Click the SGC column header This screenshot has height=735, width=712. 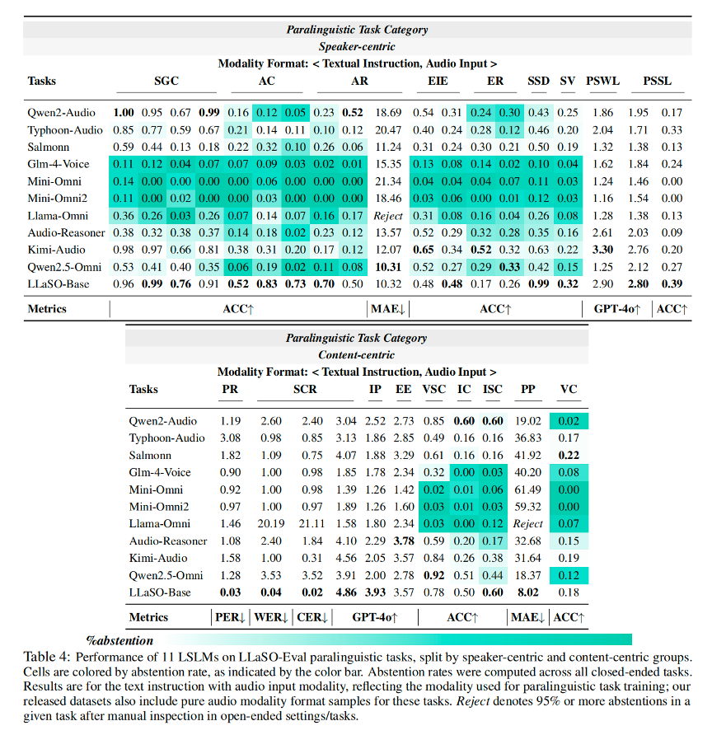pyautogui.click(x=166, y=81)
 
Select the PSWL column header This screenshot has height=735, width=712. pyautogui.click(x=604, y=81)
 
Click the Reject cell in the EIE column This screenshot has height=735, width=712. pyautogui.click(x=387, y=215)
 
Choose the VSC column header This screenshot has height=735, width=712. pyautogui.click(x=434, y=389)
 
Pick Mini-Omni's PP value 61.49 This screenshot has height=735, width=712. pyautogui.click(x=527, y=489)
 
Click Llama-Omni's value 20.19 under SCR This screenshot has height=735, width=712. pyautogui.click(x=271, y=523)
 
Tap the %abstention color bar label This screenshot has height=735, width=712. pyautogui.click(x=119, y=639)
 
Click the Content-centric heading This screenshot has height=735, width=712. pyautogui.click(x=357, y=355)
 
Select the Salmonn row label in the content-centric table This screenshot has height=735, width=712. pyautogui.click(x=152, y=455)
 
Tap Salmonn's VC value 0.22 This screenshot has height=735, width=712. pyautogui.click(x=568, y=455)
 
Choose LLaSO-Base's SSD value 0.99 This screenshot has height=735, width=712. pyautogui.click(x=539, y=283)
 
